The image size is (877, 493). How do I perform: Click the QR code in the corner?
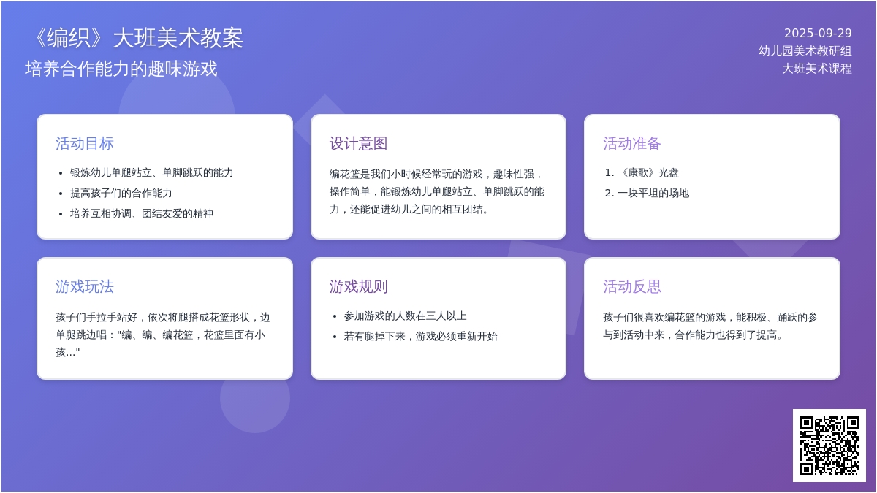[829, 446]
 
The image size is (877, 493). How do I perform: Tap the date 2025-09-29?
[818, 34]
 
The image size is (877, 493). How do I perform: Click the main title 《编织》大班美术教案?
[137, 38]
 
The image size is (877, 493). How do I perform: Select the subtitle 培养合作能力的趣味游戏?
[121, 69]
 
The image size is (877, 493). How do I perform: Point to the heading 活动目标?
[84, 144]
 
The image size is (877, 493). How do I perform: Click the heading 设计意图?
[358, 144]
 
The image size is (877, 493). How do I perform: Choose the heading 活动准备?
[632, 144]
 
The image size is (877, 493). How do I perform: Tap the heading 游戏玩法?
[84, 287]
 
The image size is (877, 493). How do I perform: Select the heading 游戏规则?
[358, 287]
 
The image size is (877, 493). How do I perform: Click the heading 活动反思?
[632, 287]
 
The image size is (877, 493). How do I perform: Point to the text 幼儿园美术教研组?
[805, 51]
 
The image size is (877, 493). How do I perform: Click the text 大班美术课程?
[817, 69]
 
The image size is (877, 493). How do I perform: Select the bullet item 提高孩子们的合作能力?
[121, 193]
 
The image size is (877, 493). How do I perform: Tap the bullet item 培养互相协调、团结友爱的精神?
[141, 213]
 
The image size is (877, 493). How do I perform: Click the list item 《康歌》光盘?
[648, 172]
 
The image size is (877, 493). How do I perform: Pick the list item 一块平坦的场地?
[653, 193]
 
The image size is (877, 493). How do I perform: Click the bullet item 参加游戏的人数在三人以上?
[405, 316]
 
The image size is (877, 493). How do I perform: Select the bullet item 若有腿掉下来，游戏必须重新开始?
[420, 336]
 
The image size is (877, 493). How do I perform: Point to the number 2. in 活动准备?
[610, 193]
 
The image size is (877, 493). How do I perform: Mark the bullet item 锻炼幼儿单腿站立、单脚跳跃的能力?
[151, 172]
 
